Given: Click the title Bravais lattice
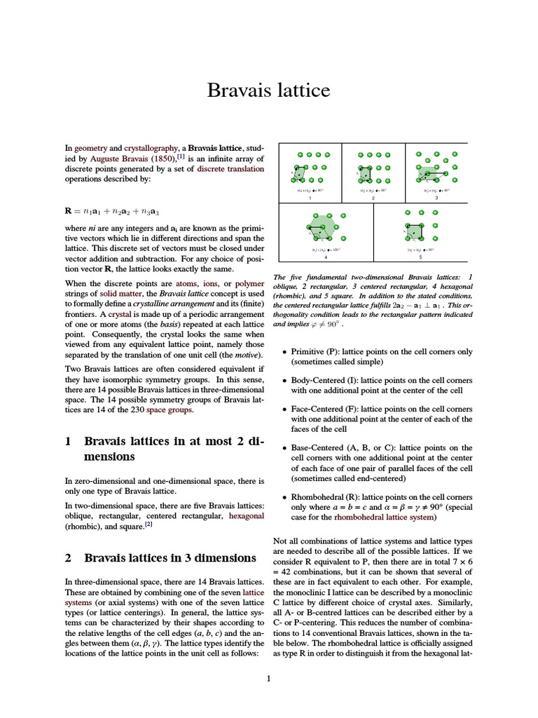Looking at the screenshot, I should pyautogui.click(x=268, y=90).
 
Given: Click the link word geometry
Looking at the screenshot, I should pyautogui.click(x=90, y=149).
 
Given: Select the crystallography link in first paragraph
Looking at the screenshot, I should pyautogui.click(x=151, y=149).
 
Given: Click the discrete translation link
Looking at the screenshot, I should pyautogui.click(x=230, y=169).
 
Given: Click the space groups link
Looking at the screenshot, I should pyautogui.click(x=170, y=409).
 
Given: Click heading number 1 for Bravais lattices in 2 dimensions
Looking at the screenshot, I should pyautogui.click(x=68, y=442).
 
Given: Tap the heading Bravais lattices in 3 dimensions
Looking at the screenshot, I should pyautogui.click(x=170, y=558).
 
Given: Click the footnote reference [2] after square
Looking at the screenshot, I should pyautogui.click(x=149, y=524).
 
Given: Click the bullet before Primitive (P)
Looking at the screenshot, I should pyautogui.click(x=283, y=352).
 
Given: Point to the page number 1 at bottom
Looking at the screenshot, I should pyautogui.click(x=268, y=678).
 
